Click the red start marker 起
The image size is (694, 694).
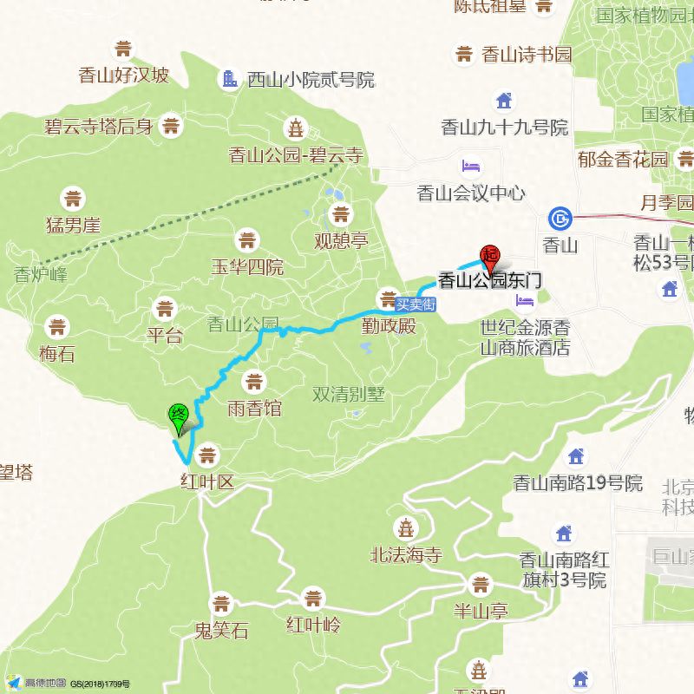tap(491, 255)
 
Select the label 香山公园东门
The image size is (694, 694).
tap(490, 279)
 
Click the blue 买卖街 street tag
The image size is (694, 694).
tap(415, 304)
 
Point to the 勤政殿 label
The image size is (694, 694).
tap(389, 326)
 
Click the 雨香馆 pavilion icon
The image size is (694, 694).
tap(254, 381)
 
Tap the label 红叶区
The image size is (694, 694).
tap(207, 481)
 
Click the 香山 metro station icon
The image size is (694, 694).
tap(560, 218)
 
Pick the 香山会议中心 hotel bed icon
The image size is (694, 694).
tap(470, 166)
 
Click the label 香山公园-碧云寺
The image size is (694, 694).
tap(296, 155)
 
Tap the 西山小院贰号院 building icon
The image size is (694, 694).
tap(230, 79)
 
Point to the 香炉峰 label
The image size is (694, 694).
tap(40, 275)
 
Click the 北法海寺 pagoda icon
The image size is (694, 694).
tap(405, 527)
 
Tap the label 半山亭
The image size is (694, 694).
tap(481, 611)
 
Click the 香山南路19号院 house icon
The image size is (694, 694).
tap(577, 455)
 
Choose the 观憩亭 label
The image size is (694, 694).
tap(342, 240)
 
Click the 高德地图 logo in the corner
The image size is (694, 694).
tap(35, 683)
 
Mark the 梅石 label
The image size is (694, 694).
tap(57, 353)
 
